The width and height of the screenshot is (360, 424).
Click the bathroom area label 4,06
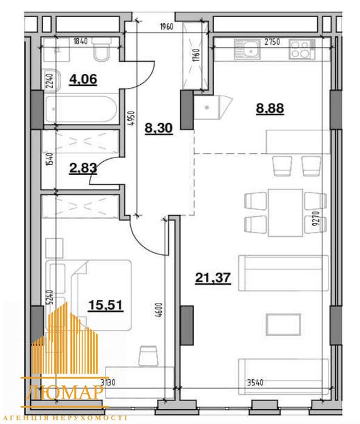coord(83,79)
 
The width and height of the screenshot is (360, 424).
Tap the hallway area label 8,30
coord(159,128)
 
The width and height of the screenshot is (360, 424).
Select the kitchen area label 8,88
coord(270,108)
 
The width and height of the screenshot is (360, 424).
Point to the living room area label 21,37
coord(213,277)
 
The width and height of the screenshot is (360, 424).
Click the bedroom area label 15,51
coord(105,305)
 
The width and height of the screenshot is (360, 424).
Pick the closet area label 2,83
coord(83,168)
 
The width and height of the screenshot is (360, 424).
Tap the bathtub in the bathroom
coord(81,109)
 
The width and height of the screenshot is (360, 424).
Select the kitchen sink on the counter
coord(247,49)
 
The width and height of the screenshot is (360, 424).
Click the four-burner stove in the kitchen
coord(302,49)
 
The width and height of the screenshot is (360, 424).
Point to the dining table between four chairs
coord(285,213)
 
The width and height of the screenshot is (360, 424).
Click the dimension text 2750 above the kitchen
coord(272,42)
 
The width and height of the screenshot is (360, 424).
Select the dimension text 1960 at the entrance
coord(166,27)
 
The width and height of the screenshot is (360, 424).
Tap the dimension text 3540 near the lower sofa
coord(255,383)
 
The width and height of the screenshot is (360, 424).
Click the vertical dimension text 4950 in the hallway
coord(132,118)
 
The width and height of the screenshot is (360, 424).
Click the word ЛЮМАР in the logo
coord(65,392)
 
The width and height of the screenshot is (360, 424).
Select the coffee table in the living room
coord(283,325)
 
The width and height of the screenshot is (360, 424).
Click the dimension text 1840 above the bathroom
coord(81,41)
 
